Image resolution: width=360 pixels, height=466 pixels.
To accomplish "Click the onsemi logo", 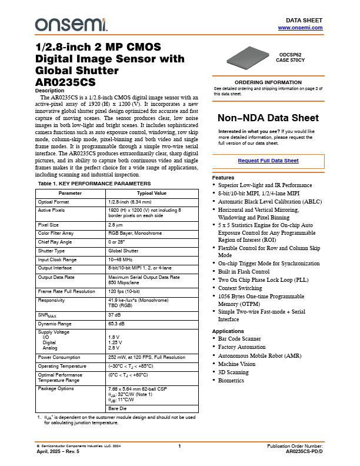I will pyautogui.click(x=72, y=24).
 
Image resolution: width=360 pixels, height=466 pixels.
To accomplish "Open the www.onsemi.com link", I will pyautogui.click(x=300, y=28).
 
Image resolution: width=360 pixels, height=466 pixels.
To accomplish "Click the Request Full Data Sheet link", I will pyautogui.click(x=268, y=161).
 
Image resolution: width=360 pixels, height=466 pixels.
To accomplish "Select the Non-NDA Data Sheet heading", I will pyautogui.click(x=268, y=118).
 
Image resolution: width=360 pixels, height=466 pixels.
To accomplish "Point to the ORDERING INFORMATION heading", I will pyautogui.click(x=268, y=82).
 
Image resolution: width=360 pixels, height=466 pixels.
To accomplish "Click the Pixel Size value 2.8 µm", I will pyautogui.click(x=115, y=225).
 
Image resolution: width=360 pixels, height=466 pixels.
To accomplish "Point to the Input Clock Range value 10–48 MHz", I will pyautogui.click(x=122, y=259).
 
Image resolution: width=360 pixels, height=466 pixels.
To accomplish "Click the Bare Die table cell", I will pyautogui.click(x=118, y=408).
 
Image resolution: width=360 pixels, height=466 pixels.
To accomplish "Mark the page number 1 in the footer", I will pyautogui.click(x=179, y=447).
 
